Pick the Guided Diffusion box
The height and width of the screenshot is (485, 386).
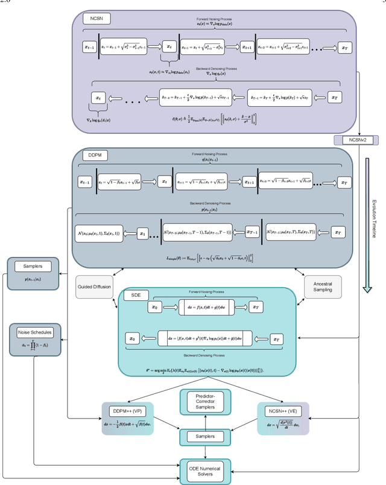click(x=94, y=287)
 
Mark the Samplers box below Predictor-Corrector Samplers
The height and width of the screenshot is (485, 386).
click(x=206, y=436)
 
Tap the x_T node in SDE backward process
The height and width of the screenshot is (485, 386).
click(x=277, y=339)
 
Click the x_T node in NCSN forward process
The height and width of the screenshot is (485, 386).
click(x=344, y=46)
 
